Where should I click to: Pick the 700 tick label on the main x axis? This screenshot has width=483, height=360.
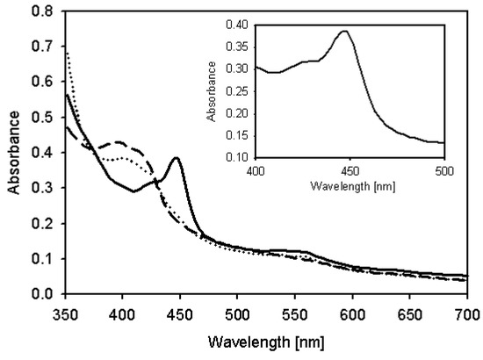pos(467,312)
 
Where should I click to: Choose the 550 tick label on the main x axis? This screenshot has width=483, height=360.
pos(295,312)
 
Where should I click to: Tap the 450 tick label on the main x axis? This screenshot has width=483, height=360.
pos(180,312)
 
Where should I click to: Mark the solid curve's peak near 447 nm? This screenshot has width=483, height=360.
pos(177,158)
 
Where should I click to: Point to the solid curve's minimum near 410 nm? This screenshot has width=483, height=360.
pos(133,191)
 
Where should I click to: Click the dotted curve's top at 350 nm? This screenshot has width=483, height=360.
pos(67,51)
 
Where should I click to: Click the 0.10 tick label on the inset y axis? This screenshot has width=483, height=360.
pos(237,158)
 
